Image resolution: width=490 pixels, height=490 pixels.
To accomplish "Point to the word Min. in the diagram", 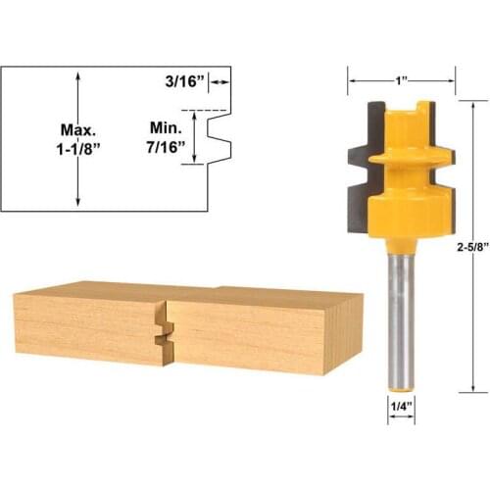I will coord(168,128).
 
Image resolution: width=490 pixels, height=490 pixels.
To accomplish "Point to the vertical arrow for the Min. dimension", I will coord(200,137).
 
